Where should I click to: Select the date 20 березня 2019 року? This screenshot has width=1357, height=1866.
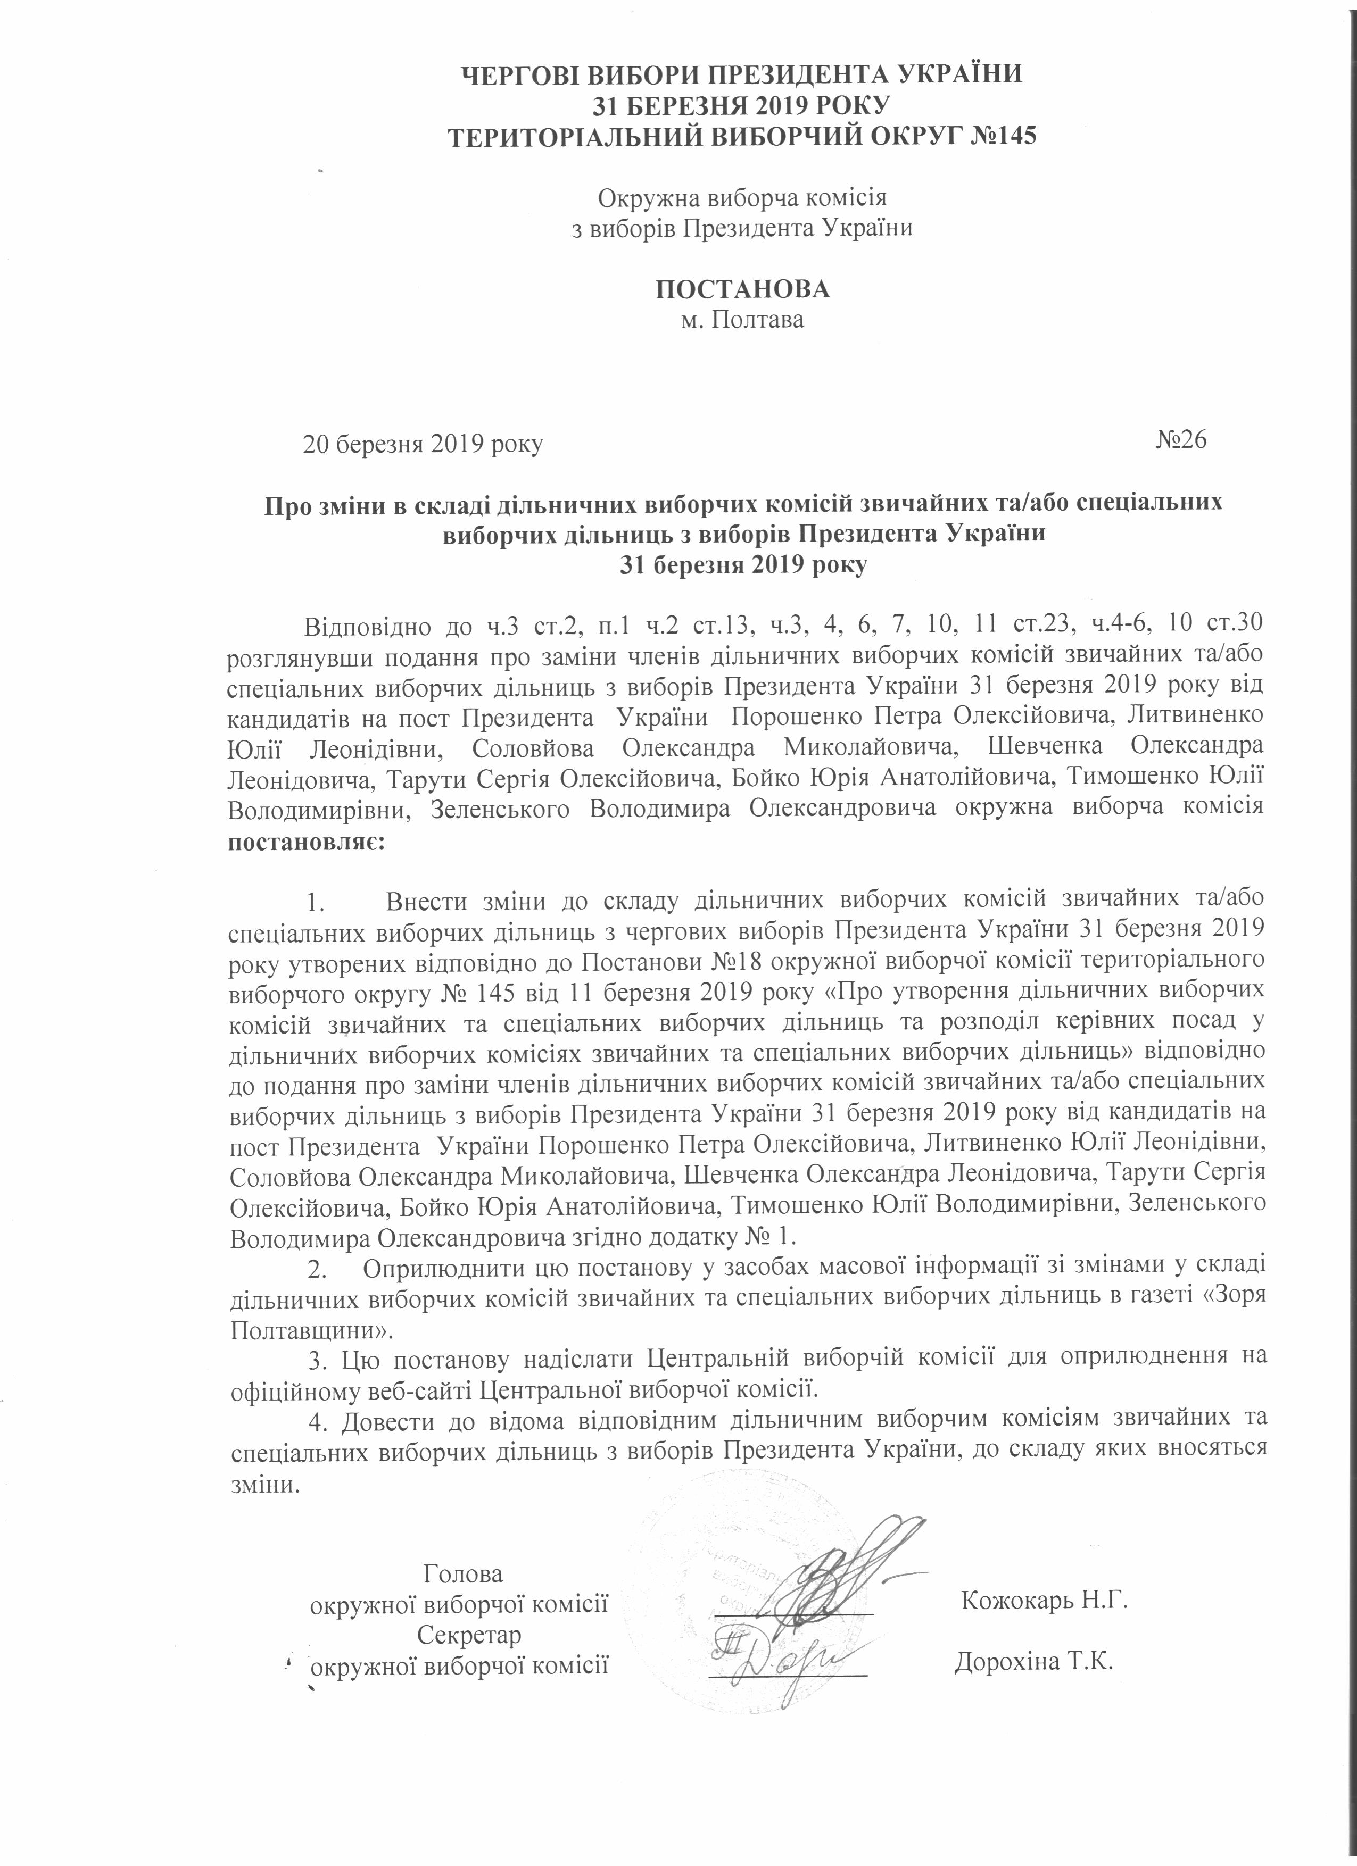coord(423,445)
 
